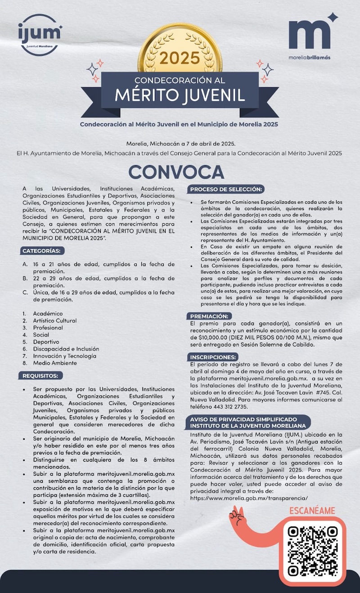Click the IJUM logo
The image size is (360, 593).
pyautogui.click(x=39, y=35)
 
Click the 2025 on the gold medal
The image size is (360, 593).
pyautogui.click(x=179, y=58)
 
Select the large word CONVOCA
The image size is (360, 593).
pyautogui.click(x=176, y=171)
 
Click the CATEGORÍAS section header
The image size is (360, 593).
pyautogui.click(x=43, y=251)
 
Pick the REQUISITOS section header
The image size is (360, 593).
pyautogui.click(x=41, y=376)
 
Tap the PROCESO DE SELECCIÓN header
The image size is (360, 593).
pyautogui.click(x=226, y=189)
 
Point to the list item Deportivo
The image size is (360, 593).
pyautogui.click(x=46, y=342)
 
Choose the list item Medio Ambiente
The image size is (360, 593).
pyautogui.click(x=54, y=363)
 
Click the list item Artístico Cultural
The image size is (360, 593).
pyautogui.click(x=54, y=321)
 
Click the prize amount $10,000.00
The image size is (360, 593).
pyautogui.click(x=209, y=337)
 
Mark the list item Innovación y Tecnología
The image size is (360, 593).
pyautogui.click(x=65, y=356)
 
